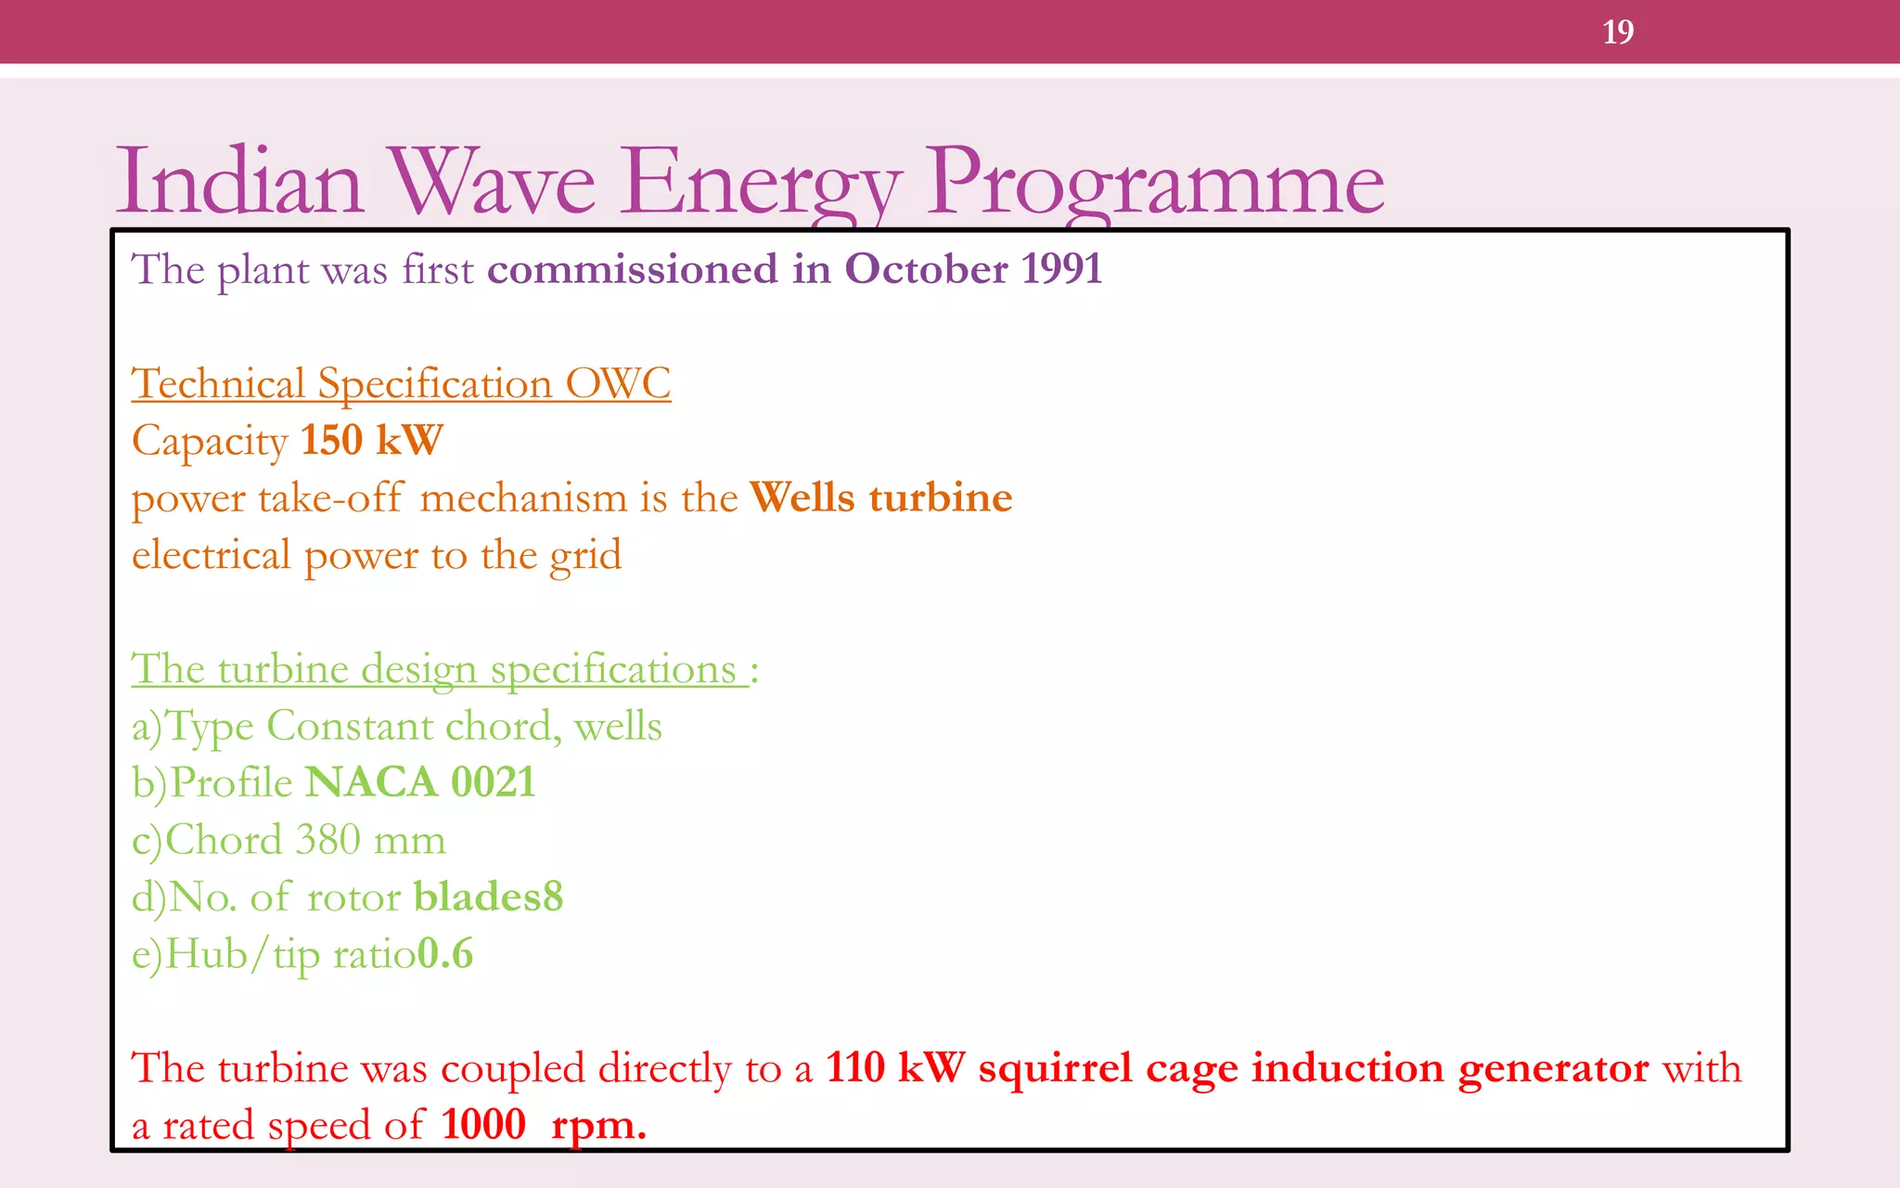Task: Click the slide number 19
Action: click(x=1617, y=32)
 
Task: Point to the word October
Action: click(x=926, y=269)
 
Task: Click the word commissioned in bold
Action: click(x=633, y=269)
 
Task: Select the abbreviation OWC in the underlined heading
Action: click(x=618, y=383)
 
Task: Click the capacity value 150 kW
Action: click(x=372, y=440)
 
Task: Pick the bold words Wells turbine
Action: click(x=880, y=497)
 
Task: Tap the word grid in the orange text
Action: click(x=584, y=556)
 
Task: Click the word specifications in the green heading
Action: click(x=613, y=669)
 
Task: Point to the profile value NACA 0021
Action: click(x=420, y=782)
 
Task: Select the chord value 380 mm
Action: click(x=370, y=840)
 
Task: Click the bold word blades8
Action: click(x=488, y=897)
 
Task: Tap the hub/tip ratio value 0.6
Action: click(x=446, y=954)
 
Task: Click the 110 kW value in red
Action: click(x=895, y=1067)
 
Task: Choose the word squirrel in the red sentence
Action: click(x=1055, y=1067)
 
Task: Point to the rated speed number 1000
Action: click(x=483, y=1125)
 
